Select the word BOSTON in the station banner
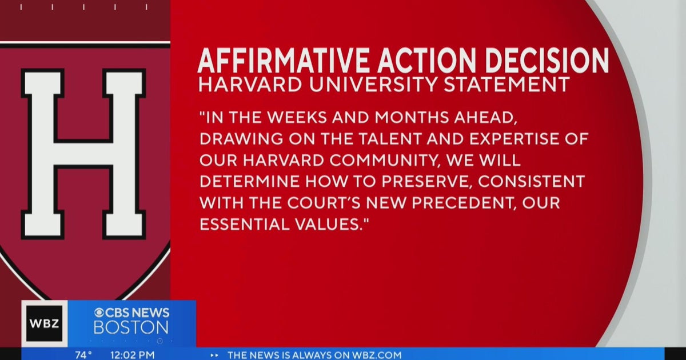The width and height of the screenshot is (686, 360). click(131, 327)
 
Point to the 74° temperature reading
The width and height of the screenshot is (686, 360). click(83, 355)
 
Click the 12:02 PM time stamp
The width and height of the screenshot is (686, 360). click(133, 355)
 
